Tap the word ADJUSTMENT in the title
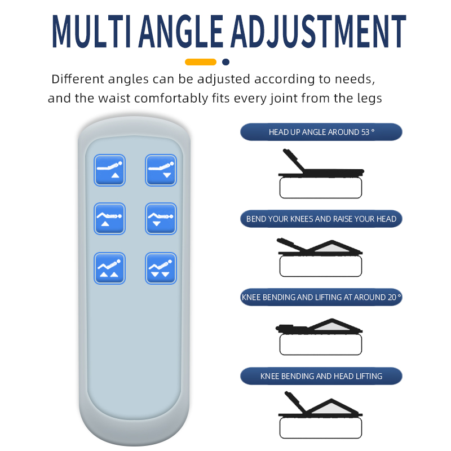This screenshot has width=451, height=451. click(x=318, y=31)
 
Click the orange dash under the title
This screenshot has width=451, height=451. click(x=201, y=62)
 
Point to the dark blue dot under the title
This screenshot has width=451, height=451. click(x=226, y=62)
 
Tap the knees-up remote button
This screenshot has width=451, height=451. click(x=109, y=219)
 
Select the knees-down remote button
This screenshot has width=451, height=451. click(x=161, y=219)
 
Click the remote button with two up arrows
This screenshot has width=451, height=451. click(x=109, y=268)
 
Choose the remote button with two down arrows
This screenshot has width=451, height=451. click(x=161, y=268)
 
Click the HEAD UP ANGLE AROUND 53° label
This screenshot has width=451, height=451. click(x=321, y=132)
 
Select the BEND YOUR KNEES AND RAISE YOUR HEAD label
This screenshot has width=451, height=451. click(x=321, y=219)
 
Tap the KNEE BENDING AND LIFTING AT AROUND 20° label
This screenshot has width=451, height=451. click(x=321, y=297)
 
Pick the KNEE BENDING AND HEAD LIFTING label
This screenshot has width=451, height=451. click(x=321, y=376)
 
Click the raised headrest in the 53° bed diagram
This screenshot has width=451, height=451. click(x=293, y=161)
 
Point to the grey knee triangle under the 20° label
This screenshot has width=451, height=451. click(x=333, y=326)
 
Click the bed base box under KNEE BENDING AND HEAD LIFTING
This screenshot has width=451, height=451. click(x=321, y=428)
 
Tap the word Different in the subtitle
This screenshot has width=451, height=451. click(x=78, y=79)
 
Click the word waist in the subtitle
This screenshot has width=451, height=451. click(x=114, y=98)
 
